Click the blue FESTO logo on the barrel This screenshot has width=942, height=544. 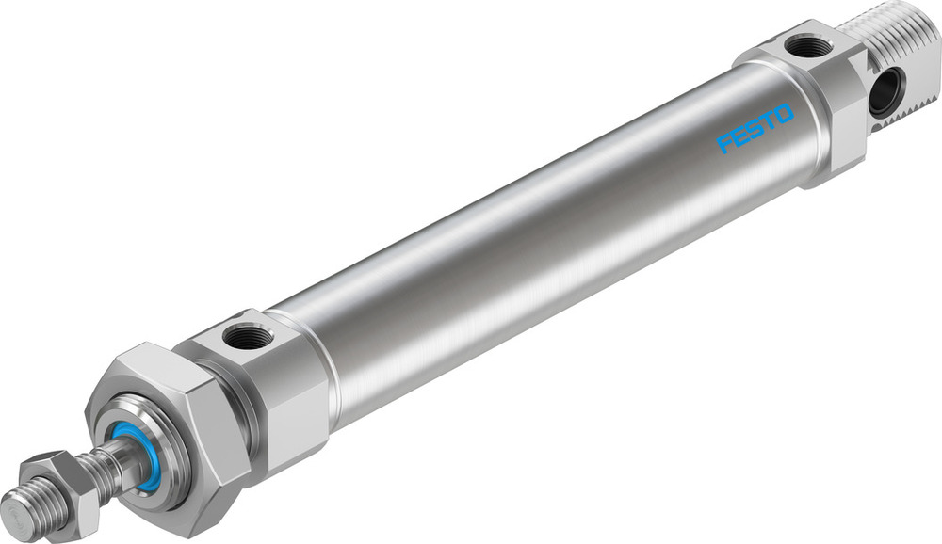click(755, 128)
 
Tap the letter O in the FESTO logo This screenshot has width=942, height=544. click(785, 114)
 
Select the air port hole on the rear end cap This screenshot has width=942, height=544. click(808, 45)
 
